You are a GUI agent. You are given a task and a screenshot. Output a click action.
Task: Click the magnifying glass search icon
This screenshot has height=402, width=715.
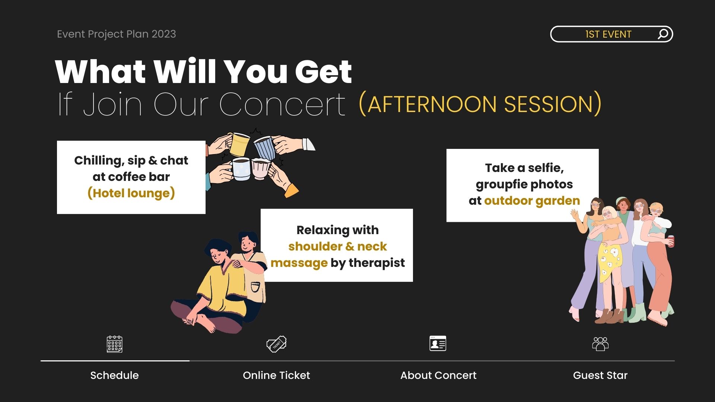coord(663,34)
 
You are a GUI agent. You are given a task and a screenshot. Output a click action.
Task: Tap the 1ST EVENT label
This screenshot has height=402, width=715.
coord(608,34)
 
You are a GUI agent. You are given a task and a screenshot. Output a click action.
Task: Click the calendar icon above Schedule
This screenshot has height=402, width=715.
coord(114,344)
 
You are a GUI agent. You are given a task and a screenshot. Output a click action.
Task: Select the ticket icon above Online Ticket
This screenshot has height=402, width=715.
coord(276,344)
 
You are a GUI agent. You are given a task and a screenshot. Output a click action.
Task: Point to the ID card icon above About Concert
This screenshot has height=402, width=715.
coord(438,343)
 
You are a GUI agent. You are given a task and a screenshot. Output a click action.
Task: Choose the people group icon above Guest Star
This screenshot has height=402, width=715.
coord(600,344)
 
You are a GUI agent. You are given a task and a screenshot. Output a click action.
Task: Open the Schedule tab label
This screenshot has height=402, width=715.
coord(114,375)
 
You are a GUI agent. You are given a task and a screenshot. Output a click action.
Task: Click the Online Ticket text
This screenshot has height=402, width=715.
coord(276,375)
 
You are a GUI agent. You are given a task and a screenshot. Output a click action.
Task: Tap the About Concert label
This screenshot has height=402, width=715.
coord(438,375)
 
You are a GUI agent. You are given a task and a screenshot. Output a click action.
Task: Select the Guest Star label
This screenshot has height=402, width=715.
coord(600,375)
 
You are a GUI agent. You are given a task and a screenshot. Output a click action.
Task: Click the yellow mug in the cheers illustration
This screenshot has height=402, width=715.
coord(239,144)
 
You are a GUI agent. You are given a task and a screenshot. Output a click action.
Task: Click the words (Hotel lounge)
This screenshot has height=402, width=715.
coord(131,193)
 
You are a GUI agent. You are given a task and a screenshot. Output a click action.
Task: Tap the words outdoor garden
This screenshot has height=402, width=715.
coord(532,201)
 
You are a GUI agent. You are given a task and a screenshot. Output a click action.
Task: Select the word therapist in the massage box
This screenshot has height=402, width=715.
coord(376,263)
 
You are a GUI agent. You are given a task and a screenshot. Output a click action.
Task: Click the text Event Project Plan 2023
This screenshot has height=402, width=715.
coord(116,34)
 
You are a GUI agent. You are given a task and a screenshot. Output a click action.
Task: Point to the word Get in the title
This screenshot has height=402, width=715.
coord(324,71)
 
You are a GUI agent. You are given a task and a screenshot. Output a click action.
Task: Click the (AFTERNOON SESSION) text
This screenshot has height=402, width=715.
coord(480,104)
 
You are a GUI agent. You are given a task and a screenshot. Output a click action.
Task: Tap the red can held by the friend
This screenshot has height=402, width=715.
coord(671,241)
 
